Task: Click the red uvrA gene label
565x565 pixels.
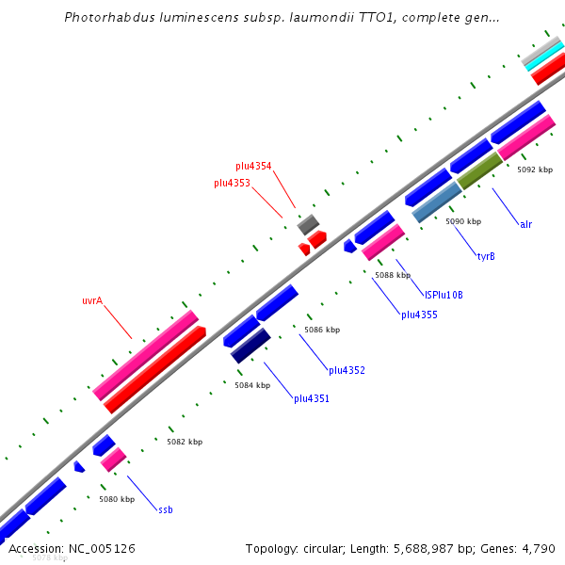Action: tap(91, 301)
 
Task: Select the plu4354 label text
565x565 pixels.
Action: tap(253, 166)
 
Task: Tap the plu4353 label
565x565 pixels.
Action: tap(232, 183)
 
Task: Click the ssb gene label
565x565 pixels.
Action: tap(165, 509)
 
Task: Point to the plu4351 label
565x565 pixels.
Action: tap(311, 398)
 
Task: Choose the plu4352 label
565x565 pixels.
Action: tap(347, 370)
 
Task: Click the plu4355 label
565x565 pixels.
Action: tap(419, 315)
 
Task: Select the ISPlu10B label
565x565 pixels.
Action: tap(444, 295)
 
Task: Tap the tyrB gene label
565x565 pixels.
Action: tap(486, 256)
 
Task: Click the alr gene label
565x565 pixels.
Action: tap(525, 224)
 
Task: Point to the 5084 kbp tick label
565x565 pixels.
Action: tap(252, 385)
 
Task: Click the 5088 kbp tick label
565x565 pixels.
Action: tap(393, 276)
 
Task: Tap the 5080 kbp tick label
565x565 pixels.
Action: tap(117, 499)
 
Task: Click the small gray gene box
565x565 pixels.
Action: tap(308, 224)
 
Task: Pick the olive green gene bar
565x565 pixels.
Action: tap(479, 170)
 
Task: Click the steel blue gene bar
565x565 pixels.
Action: tap(436, 202)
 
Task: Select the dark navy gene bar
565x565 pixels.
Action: tap(250, 346)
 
